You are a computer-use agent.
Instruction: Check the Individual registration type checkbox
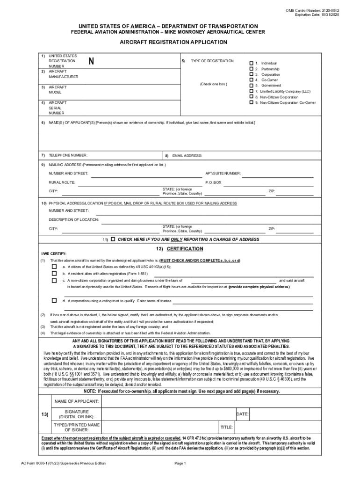[251, 63]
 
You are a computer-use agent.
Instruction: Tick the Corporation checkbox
[251, 74]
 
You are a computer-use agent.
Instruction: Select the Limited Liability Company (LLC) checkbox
[251, 91]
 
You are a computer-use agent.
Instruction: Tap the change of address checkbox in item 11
[113, 239]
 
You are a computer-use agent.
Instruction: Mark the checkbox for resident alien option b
[54, 273]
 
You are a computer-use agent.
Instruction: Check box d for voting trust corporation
[54, 300]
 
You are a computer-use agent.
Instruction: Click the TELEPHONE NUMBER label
[68, 155]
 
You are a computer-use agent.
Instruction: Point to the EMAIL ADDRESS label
[187, 155]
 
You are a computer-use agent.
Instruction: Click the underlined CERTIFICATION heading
[184, 248]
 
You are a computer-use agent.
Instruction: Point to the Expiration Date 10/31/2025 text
[317, 15]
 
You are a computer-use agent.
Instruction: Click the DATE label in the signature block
[242, 414]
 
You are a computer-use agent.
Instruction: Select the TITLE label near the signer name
[226, 427]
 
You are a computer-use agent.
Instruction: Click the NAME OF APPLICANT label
[77, 401]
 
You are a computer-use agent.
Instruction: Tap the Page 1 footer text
[180, 463]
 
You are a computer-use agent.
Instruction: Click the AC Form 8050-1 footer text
[60, 463]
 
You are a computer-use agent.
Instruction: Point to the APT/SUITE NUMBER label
[223, 174]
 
